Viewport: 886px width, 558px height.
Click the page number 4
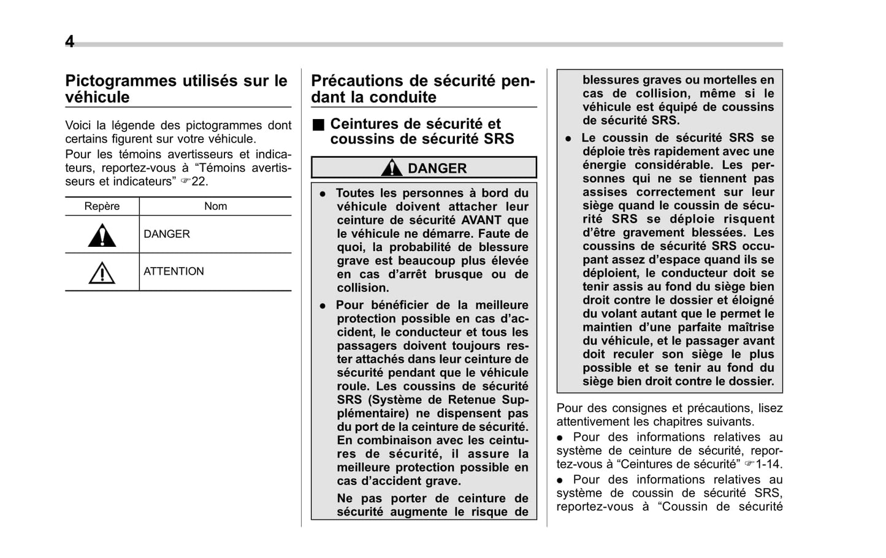pos(70,42)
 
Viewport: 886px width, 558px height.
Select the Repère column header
pos(102,206)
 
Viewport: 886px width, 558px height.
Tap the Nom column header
pos(215,206)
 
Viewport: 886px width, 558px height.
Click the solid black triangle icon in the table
pos(102,236)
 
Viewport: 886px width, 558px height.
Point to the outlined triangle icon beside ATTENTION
pos(102,273)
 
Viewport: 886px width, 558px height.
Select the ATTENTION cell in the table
pos(174,271)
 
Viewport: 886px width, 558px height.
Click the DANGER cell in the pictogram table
pos(167,234)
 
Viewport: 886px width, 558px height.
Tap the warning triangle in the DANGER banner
pos(391,168)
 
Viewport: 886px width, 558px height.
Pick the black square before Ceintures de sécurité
pos(317,125)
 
